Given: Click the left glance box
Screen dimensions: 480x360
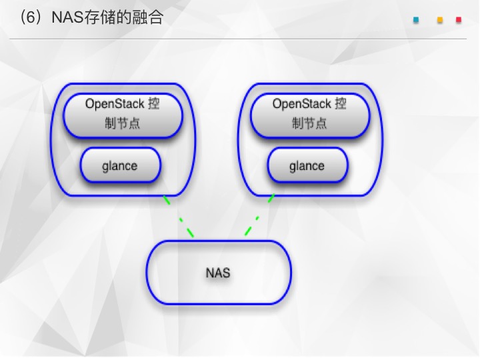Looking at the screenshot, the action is tap(120, 165).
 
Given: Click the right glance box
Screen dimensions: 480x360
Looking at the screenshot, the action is tap(307, 165).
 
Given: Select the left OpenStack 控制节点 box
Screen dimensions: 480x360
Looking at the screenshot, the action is tap(123, 115).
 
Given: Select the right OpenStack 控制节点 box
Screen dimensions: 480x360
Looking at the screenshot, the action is tap(310, 115).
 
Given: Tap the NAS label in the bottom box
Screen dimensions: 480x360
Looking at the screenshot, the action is tap(218, 273).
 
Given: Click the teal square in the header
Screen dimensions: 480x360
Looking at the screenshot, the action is tap(416, 20).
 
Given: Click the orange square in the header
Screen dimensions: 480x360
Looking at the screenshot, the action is tap(440, 20).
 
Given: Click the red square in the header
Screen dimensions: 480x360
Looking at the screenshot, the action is tap(459, 20).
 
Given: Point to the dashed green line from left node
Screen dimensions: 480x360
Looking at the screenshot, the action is tap(179, 217).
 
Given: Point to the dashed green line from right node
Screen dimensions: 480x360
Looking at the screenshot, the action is tap(259, 215).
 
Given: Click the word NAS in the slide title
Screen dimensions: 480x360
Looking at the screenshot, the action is tap(67, 17).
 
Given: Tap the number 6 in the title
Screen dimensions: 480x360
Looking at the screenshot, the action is tap(31, 17).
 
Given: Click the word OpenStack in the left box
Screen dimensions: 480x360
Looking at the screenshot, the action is tap(115, 104).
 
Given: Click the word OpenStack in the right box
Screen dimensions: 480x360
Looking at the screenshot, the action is tap(302, 104).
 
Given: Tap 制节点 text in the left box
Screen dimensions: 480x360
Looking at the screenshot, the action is tap(122, 123).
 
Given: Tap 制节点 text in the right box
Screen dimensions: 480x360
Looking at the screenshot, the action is tap(309, 123).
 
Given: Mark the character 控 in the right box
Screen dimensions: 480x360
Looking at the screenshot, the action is tap(341, 104).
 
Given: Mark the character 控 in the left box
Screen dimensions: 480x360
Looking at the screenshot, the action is tap(154, 104).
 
